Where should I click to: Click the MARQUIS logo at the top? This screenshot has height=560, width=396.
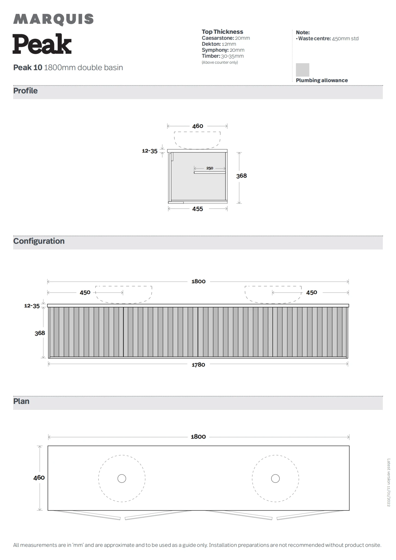(x=53, y=19)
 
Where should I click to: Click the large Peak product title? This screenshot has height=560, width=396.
(x=42, y=44)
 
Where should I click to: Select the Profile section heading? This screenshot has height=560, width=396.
(x=25, y=91)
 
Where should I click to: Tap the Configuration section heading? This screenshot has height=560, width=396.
(x=39, y=241)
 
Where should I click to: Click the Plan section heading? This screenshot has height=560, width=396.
(x=21, y=401)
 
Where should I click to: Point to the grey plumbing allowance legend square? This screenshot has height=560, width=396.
(x=302, y=70)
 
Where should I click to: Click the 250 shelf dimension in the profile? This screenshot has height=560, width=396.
(x=210, y=168)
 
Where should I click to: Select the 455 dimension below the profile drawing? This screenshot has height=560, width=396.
(x=197, y=209)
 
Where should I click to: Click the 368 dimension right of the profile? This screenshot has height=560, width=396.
(x=241, y=176)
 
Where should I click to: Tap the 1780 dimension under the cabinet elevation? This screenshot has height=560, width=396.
(x=198, y=364)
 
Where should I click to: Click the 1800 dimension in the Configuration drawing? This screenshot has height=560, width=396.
(x=198, y=281)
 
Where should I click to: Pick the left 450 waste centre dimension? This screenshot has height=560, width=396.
(x=85, y=293)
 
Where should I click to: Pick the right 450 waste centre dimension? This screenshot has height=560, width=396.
(x=311, y=293)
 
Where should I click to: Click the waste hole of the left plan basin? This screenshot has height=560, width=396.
(x=122, y=479)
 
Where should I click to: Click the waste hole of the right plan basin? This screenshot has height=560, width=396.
(x=275, y=479)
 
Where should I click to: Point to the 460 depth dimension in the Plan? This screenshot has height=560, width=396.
(x=39, y=477)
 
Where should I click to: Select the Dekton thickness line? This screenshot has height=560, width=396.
(x=219, y=44)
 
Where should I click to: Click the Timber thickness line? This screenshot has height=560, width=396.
(x=223, y=56)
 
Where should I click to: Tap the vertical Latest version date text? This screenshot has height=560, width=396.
(x=388, y=482)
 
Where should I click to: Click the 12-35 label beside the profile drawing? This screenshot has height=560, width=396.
(x=150, y=151)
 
